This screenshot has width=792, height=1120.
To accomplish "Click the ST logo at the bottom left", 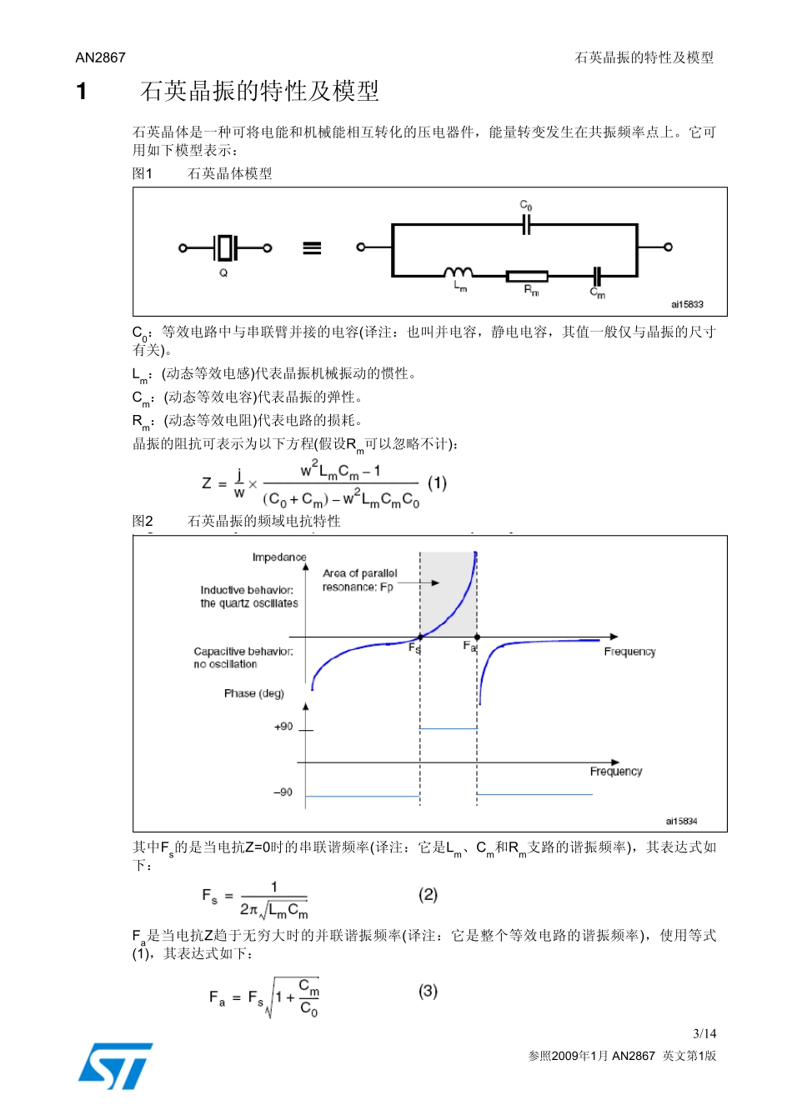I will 115,1066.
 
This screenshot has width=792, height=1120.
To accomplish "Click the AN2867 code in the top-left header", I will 100,57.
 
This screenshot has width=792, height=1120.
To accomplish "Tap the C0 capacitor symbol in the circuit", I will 526,224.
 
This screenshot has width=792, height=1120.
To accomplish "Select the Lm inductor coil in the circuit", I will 458,272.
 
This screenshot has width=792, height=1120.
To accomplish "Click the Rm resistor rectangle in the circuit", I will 527,276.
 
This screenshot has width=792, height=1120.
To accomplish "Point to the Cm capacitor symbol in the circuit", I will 597,276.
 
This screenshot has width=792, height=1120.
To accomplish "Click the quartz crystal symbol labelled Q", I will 224,247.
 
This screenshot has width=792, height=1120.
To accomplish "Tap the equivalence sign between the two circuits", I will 312,248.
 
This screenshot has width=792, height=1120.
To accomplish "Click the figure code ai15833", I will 687,305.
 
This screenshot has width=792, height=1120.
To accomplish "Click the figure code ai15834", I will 681,822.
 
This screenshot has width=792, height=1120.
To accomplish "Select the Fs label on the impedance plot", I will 414,647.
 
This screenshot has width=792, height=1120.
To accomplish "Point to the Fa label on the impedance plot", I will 469,647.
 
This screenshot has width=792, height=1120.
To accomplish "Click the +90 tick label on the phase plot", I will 283,727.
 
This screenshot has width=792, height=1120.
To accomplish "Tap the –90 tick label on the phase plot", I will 283,792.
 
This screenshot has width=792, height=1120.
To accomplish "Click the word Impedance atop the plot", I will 279,557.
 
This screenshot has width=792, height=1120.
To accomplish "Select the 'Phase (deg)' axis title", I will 253,693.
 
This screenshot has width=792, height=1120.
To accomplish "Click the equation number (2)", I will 428,894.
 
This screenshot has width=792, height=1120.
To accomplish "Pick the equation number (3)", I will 428,991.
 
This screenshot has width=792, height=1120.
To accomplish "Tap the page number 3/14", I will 704,1033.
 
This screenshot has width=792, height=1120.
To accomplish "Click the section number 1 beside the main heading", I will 81,91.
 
